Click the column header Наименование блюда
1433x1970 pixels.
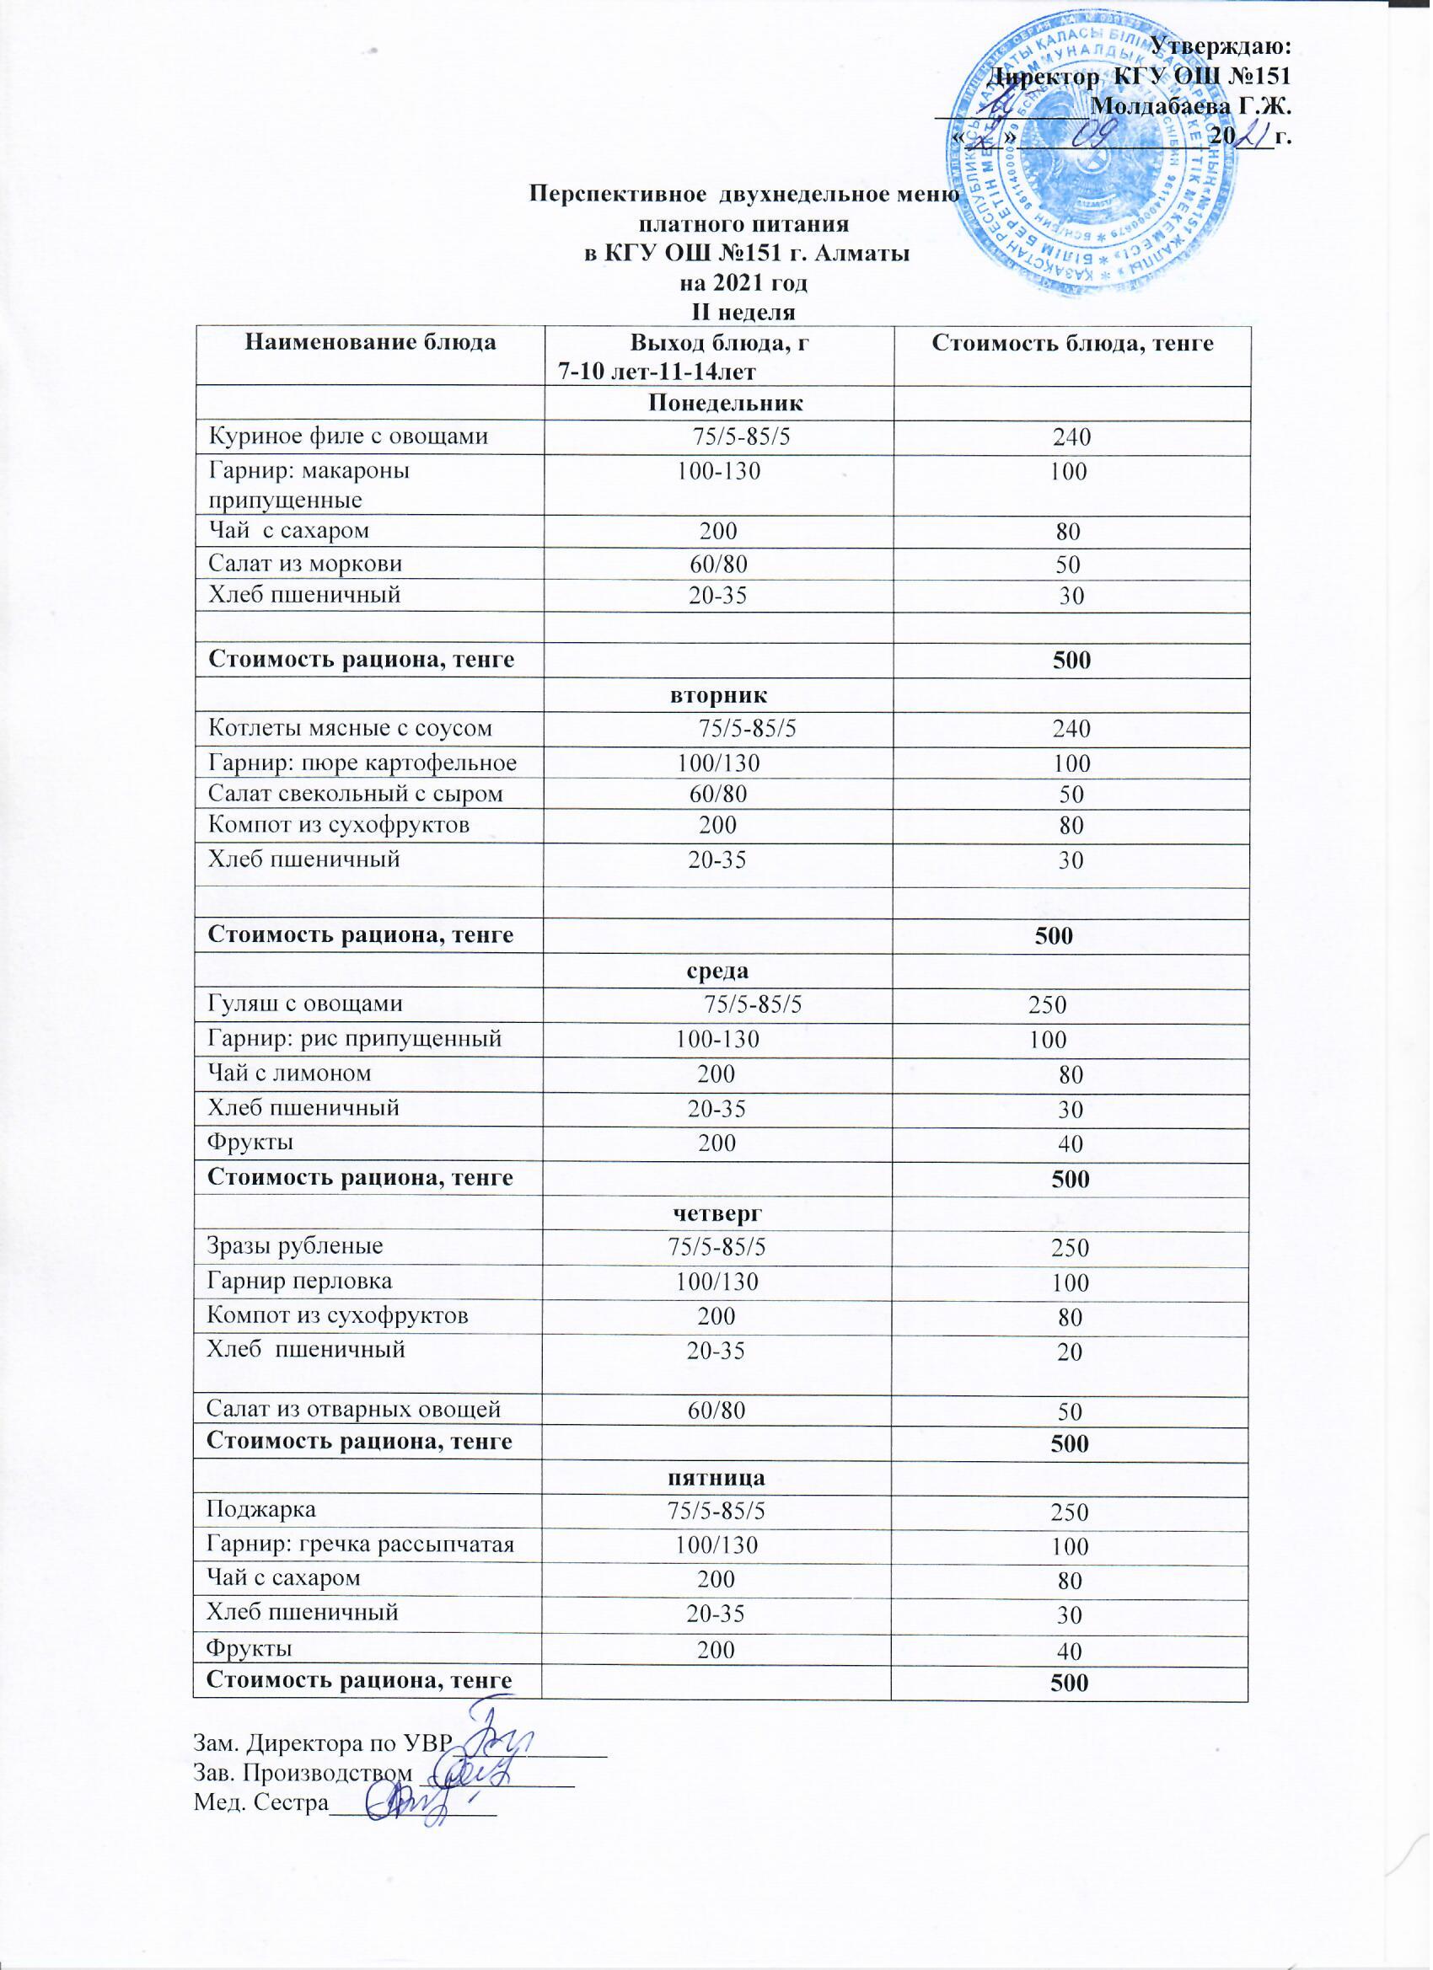coord(370,342)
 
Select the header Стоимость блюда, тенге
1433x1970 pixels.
coord(1071,343)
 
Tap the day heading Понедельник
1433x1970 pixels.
coord(726,403)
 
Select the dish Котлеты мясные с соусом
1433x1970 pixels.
coord(349,728)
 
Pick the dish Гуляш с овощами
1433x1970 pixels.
coord(305,1004)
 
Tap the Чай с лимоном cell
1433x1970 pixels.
coord(289,1073)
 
